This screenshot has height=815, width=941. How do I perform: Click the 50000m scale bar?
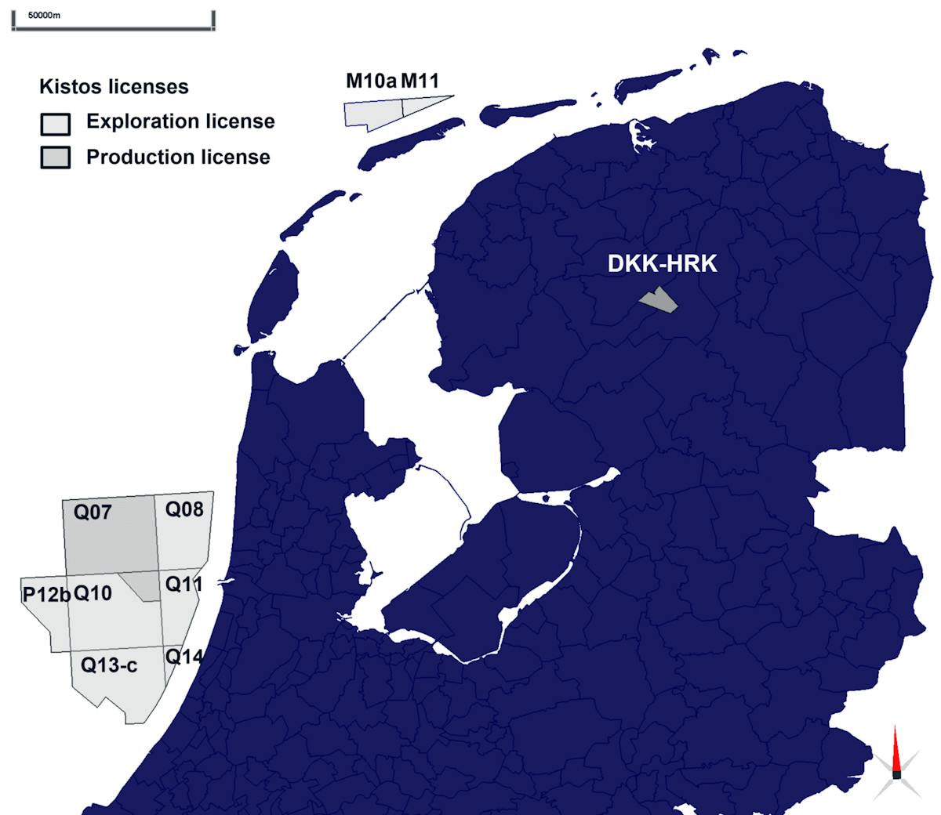[114, 27]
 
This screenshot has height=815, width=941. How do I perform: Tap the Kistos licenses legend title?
[114, 86]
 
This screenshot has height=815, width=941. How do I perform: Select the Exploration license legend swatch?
[55, 123]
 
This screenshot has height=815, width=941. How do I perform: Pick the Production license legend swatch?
[55, 158]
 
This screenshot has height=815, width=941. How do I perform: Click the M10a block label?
[372, 81]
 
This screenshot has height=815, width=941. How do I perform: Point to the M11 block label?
[420, 81]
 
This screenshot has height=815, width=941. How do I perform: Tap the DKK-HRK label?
[662, 263]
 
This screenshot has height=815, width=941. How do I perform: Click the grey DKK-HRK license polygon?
[659, 300]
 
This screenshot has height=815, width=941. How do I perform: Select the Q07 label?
[93, 513]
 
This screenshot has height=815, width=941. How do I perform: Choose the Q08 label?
[184, 509]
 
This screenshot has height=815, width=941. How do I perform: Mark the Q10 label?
[93, 593]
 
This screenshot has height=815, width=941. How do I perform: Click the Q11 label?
[183, 584]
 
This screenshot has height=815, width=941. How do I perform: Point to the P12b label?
[45, 595]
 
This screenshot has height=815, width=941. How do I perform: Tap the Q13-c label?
[109, 665]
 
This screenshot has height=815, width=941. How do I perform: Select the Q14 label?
[183, 657]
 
